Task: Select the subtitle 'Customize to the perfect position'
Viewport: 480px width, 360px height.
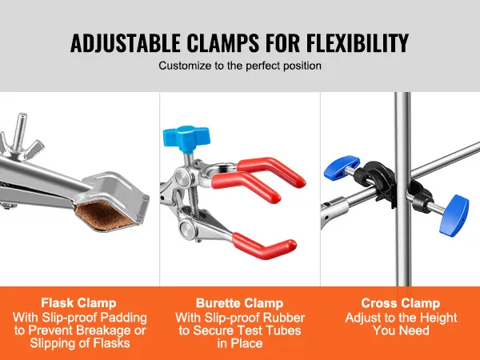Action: click(x=240, y=66)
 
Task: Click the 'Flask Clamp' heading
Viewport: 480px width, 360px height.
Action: click(x=79, y=303)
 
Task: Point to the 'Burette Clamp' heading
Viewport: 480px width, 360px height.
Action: click(x=240, y=303)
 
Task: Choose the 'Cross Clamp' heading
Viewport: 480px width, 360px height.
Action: click(x=400, y=303)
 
